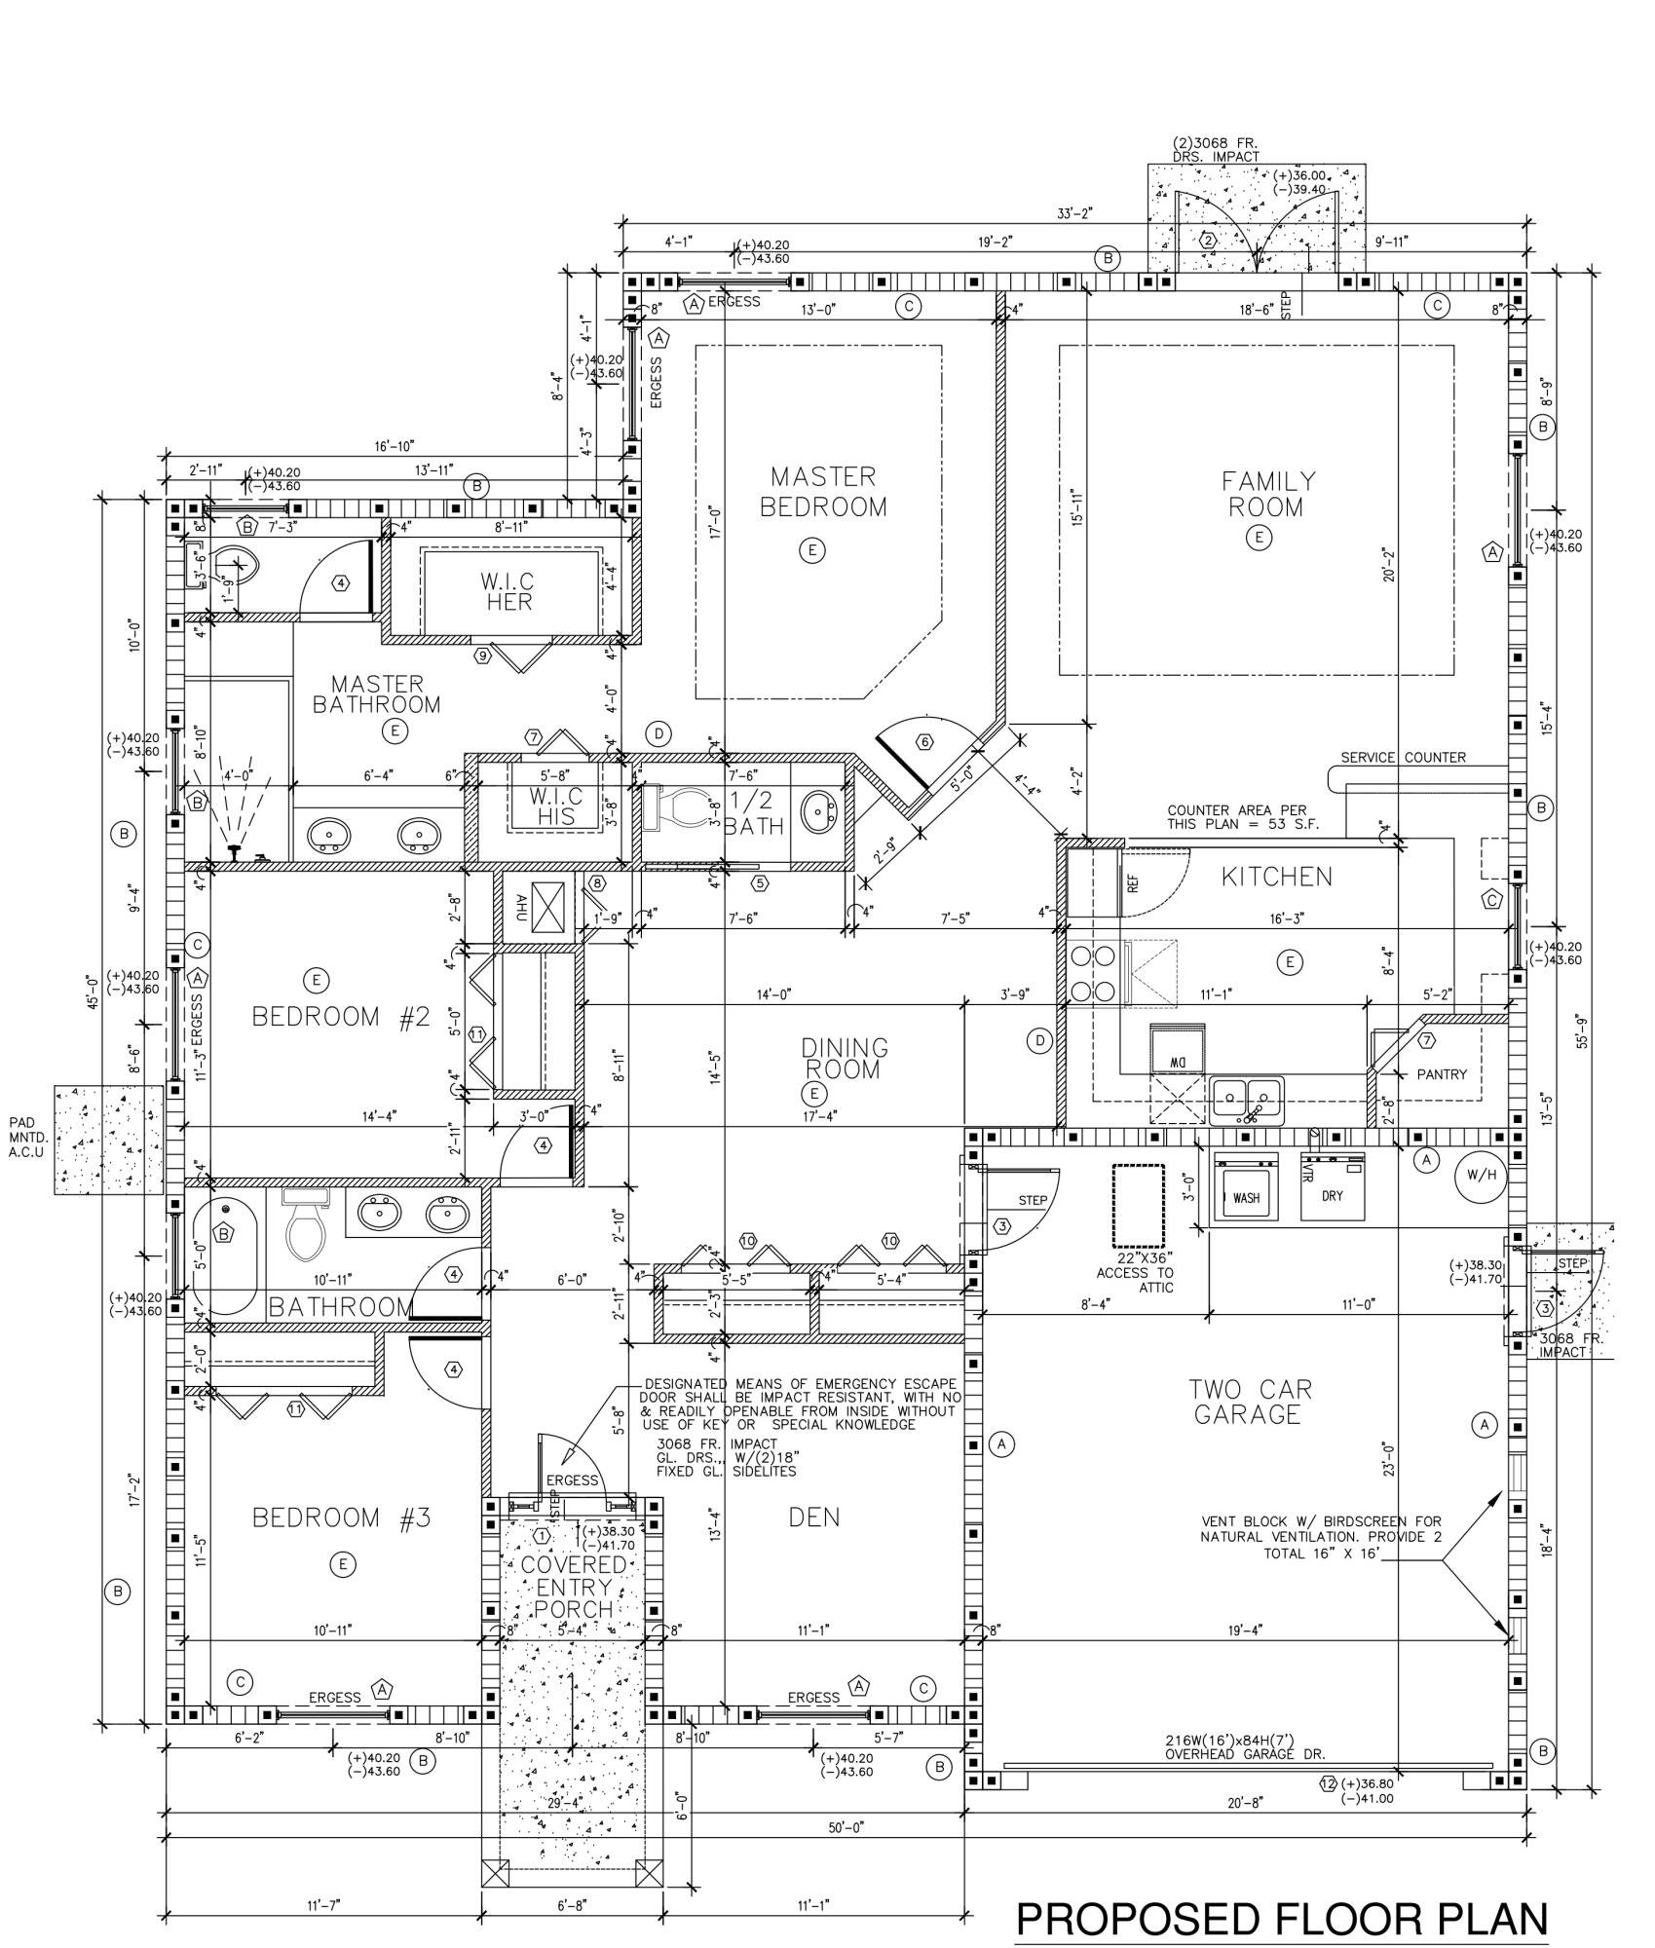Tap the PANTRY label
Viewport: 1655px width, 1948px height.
1441,1074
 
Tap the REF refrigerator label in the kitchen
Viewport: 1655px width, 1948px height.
1133,882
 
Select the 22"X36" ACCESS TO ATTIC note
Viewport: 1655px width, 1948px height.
1135,1272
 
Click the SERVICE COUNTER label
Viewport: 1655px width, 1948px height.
1403,758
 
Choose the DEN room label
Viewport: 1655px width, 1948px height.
814,1517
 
